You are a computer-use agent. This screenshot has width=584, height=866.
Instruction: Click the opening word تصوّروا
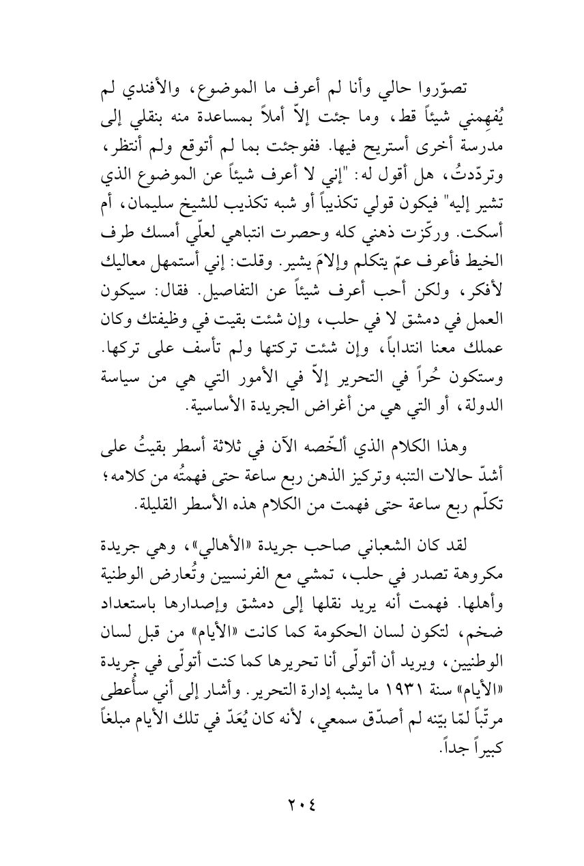tap(444, 90)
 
